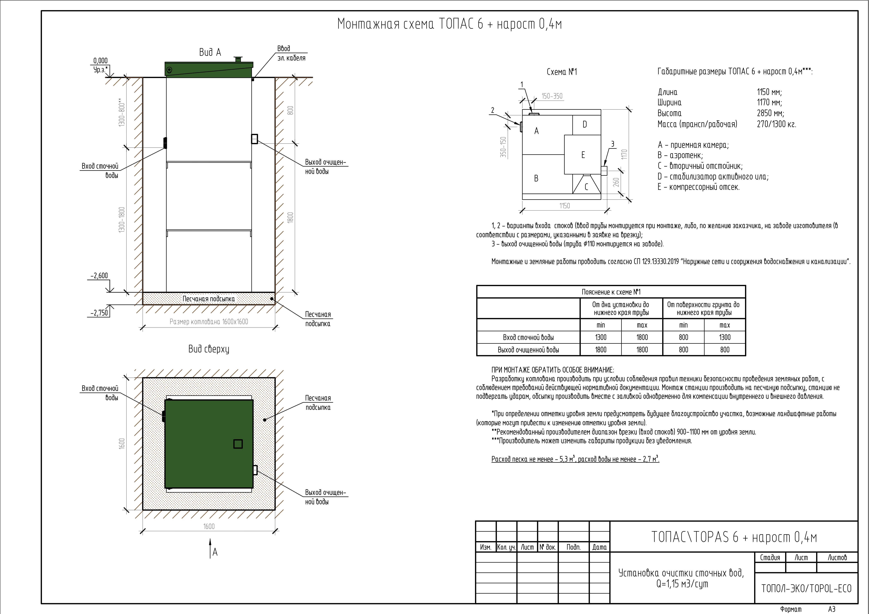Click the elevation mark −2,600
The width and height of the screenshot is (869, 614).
coord(99,276)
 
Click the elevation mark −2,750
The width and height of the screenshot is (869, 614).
coord(99,313)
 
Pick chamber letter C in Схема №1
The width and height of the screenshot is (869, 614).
coord(586,187)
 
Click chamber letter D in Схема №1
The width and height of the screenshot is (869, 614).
coord(585,124)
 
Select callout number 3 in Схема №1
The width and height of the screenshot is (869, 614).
coord(612,144)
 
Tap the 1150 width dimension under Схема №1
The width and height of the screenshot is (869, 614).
coord(565,206)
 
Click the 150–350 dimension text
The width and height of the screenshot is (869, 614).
coord(552,96)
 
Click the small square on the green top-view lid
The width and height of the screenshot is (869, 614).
coord(238,444)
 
